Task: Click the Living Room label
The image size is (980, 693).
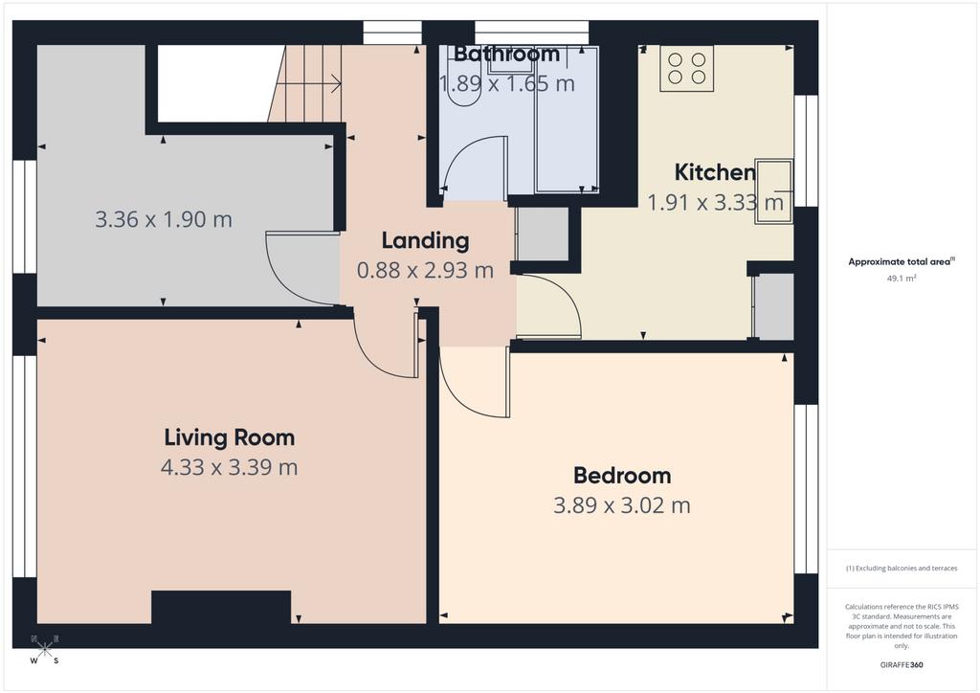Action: (x=230, y=437)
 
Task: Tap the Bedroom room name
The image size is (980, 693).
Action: (x=622, y=476)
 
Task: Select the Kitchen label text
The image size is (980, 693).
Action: (x=715, y=172)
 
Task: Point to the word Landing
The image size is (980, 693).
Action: (x=426, y=241)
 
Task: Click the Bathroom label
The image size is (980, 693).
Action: (x=506, y=54)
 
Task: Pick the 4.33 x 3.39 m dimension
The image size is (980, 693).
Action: (x=230, y=467)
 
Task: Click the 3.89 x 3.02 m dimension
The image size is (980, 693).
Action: (x=622, y=504)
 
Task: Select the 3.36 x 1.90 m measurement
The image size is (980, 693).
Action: (x=164, y=219)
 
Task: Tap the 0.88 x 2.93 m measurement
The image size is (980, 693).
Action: (x=426, y=271)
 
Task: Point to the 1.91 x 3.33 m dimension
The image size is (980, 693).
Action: (x=715, y=203)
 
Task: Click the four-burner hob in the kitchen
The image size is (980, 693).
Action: (x=687, y=68)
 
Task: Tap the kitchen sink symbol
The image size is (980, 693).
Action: (x=773, y=191)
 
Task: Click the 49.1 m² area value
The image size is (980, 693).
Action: (x=902, y=279)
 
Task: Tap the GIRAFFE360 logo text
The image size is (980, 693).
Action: (x=902, y=665)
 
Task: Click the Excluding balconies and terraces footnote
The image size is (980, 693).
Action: (x=902, y=569)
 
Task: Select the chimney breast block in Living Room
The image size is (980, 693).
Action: (x=221, y=607)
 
